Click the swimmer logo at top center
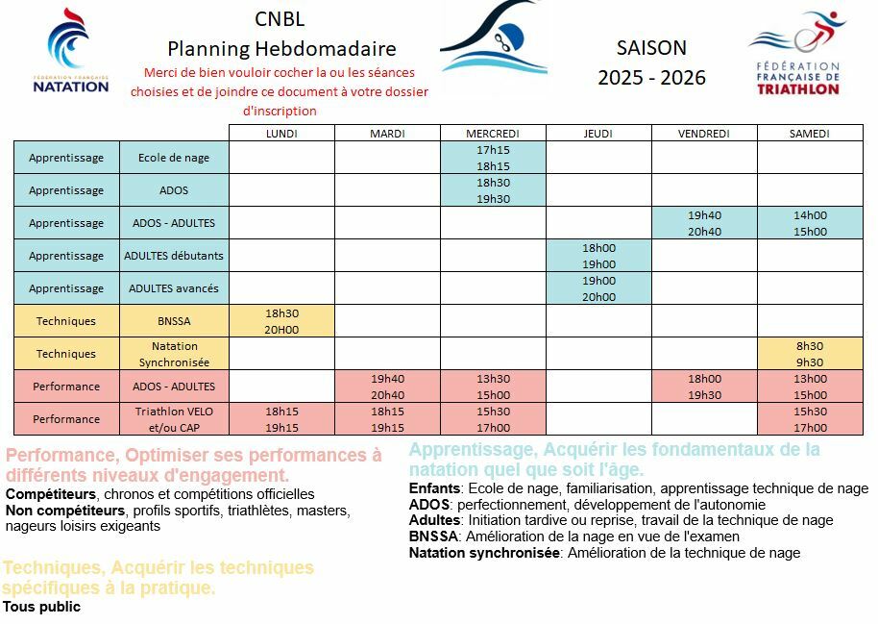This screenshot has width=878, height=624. pyautogui.click(x=494, y=39)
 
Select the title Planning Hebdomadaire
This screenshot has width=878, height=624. pyautogui.click(x=281, y=48)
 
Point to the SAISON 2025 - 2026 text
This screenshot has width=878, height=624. pyautogui.click(x=651, y=62)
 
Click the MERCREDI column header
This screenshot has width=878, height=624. pyautogui.click(x=493, y=134)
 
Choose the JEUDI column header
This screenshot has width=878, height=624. pyautogui.click(x=598, y=134)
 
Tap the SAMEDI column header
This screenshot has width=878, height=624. pyautogui.click(x=809, y=134)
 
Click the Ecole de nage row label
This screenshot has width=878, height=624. pyautogui.click(x=174, y=158)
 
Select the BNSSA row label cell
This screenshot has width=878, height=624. pyautogui.click(x=174, y=321)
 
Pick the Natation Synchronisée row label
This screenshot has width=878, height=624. pyautogui.click(x=174, y=354)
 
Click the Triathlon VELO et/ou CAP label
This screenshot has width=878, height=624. pyautogui.click(x=174, y=419)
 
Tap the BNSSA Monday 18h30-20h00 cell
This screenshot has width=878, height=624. pyautogui.click(x=281, y=321)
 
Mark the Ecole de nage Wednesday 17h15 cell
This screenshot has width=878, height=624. pyautogui.click(x=493, y=158)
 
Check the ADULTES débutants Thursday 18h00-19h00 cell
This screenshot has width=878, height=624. pyautogui.click(x=598, y=256)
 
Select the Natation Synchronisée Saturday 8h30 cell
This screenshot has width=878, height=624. pyautogui.click(x=809, y=354)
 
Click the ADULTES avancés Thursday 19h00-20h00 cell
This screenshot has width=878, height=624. pyautogui.click(x=598, y=288)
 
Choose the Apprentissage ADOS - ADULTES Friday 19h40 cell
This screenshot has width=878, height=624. pyautogui.click(x=704, y=223)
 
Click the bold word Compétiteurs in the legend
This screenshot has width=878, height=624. pyautogui.click(x=44, y=494)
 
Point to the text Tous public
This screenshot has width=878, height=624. pyautogui.click(x=41, y=607)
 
